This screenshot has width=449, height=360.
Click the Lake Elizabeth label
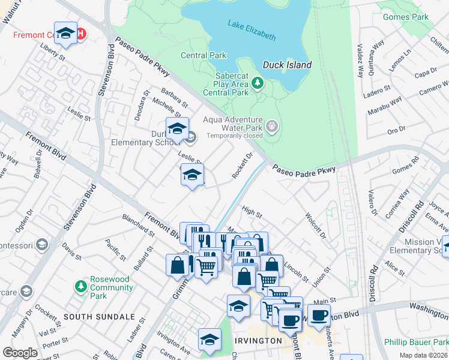[252, 31]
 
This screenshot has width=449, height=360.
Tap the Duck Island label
[287, 65]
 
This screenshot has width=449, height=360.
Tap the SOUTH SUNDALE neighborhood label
[99, 316]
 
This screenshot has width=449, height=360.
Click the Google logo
[20, 353]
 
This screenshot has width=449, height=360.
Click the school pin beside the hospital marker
[65, 33]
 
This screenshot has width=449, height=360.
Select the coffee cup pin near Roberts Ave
[319, 314]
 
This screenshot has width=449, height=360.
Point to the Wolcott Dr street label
[315, 225]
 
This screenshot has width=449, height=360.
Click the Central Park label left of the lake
[203, 55]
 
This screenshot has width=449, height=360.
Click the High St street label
[252, 212]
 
